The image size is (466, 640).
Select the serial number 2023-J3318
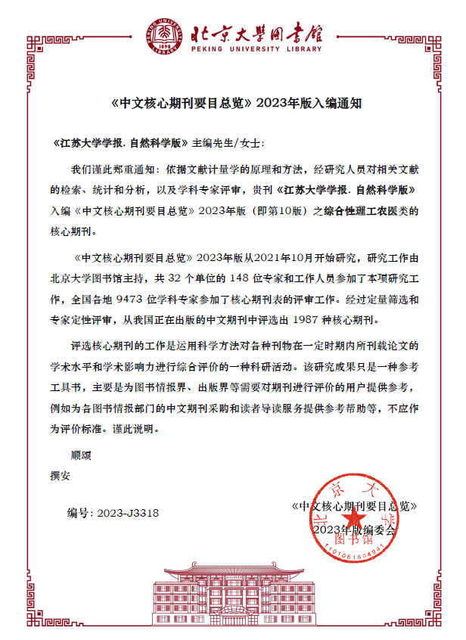(x=127, y=512)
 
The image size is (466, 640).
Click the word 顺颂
(x=81, y=455)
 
